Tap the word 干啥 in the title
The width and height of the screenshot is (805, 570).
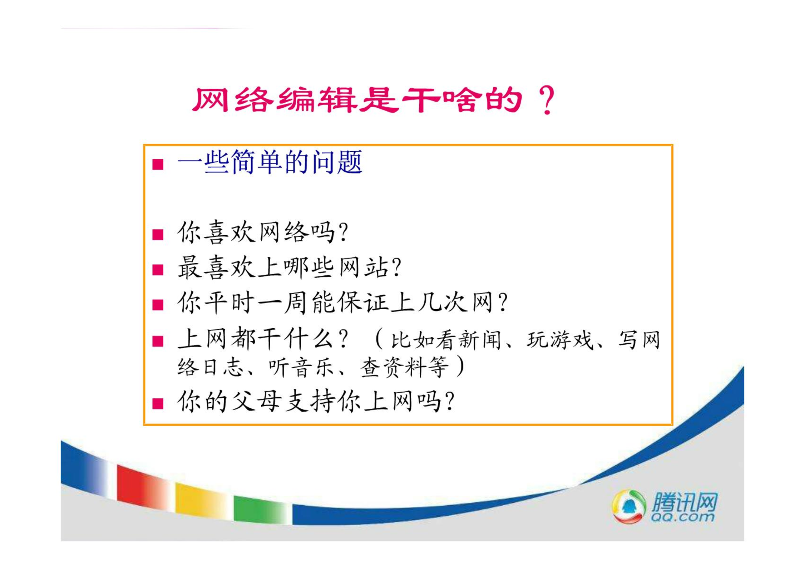[x=442, y=100]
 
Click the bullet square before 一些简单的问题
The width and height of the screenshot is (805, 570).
[x=158, y=164]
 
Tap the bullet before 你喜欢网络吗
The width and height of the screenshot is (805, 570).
[x=158, y=235]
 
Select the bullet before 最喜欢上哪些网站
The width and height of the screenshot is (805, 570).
[x=158, y=270]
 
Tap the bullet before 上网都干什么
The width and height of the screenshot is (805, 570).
[x=158, y=341]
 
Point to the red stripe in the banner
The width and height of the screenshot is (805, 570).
[x=143, y=486]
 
